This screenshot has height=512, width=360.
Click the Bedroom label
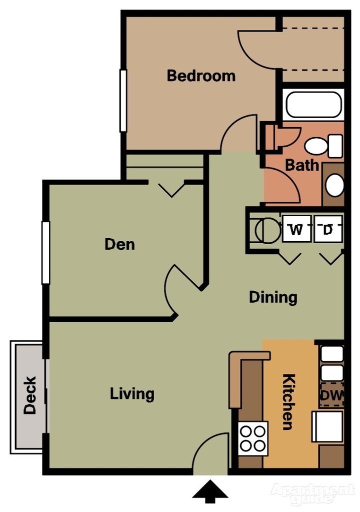click(x=201, y=76)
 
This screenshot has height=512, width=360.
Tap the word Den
click(x=119, y=244)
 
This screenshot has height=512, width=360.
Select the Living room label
click(x=132, y=394)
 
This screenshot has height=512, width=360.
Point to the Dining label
click(x=273, y=297)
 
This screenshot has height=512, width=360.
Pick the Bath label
click(x=302, y=165)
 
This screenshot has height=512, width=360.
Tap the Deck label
click(x=30, y=395)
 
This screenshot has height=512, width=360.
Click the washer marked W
click(x=296, y=230)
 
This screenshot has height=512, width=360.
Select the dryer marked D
click(x=328, y=230)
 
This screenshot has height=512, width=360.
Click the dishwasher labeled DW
click(x=332, y=395)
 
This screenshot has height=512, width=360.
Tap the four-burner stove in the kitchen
click(x=253, y=438)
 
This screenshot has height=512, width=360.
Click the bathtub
click(x=313, y=105)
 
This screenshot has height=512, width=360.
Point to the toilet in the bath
click(x=320, y=146)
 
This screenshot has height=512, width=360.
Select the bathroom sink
click(x=334, y=185)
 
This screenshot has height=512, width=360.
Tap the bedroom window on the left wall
click(x=123, y=101)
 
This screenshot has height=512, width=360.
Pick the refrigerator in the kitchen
click(x=328, y=426)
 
